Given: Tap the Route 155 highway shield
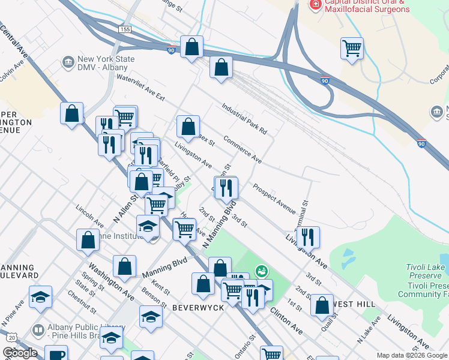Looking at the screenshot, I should click(125, 29).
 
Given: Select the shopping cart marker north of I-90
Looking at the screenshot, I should click(352, 48).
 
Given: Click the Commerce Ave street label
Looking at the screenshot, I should click(242, 150).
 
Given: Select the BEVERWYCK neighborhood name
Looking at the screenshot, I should click(181, 308).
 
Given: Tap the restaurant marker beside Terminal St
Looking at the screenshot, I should click(308, 236).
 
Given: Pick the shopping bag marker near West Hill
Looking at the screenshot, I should click(322, 304).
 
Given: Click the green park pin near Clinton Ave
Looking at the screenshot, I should click(261, 271).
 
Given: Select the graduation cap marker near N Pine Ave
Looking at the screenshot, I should click(41, 297).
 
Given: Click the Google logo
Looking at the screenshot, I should click(20, 353).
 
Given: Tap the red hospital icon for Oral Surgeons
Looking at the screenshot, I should click(314, 5).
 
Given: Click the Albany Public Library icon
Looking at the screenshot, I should click(38, 330).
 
